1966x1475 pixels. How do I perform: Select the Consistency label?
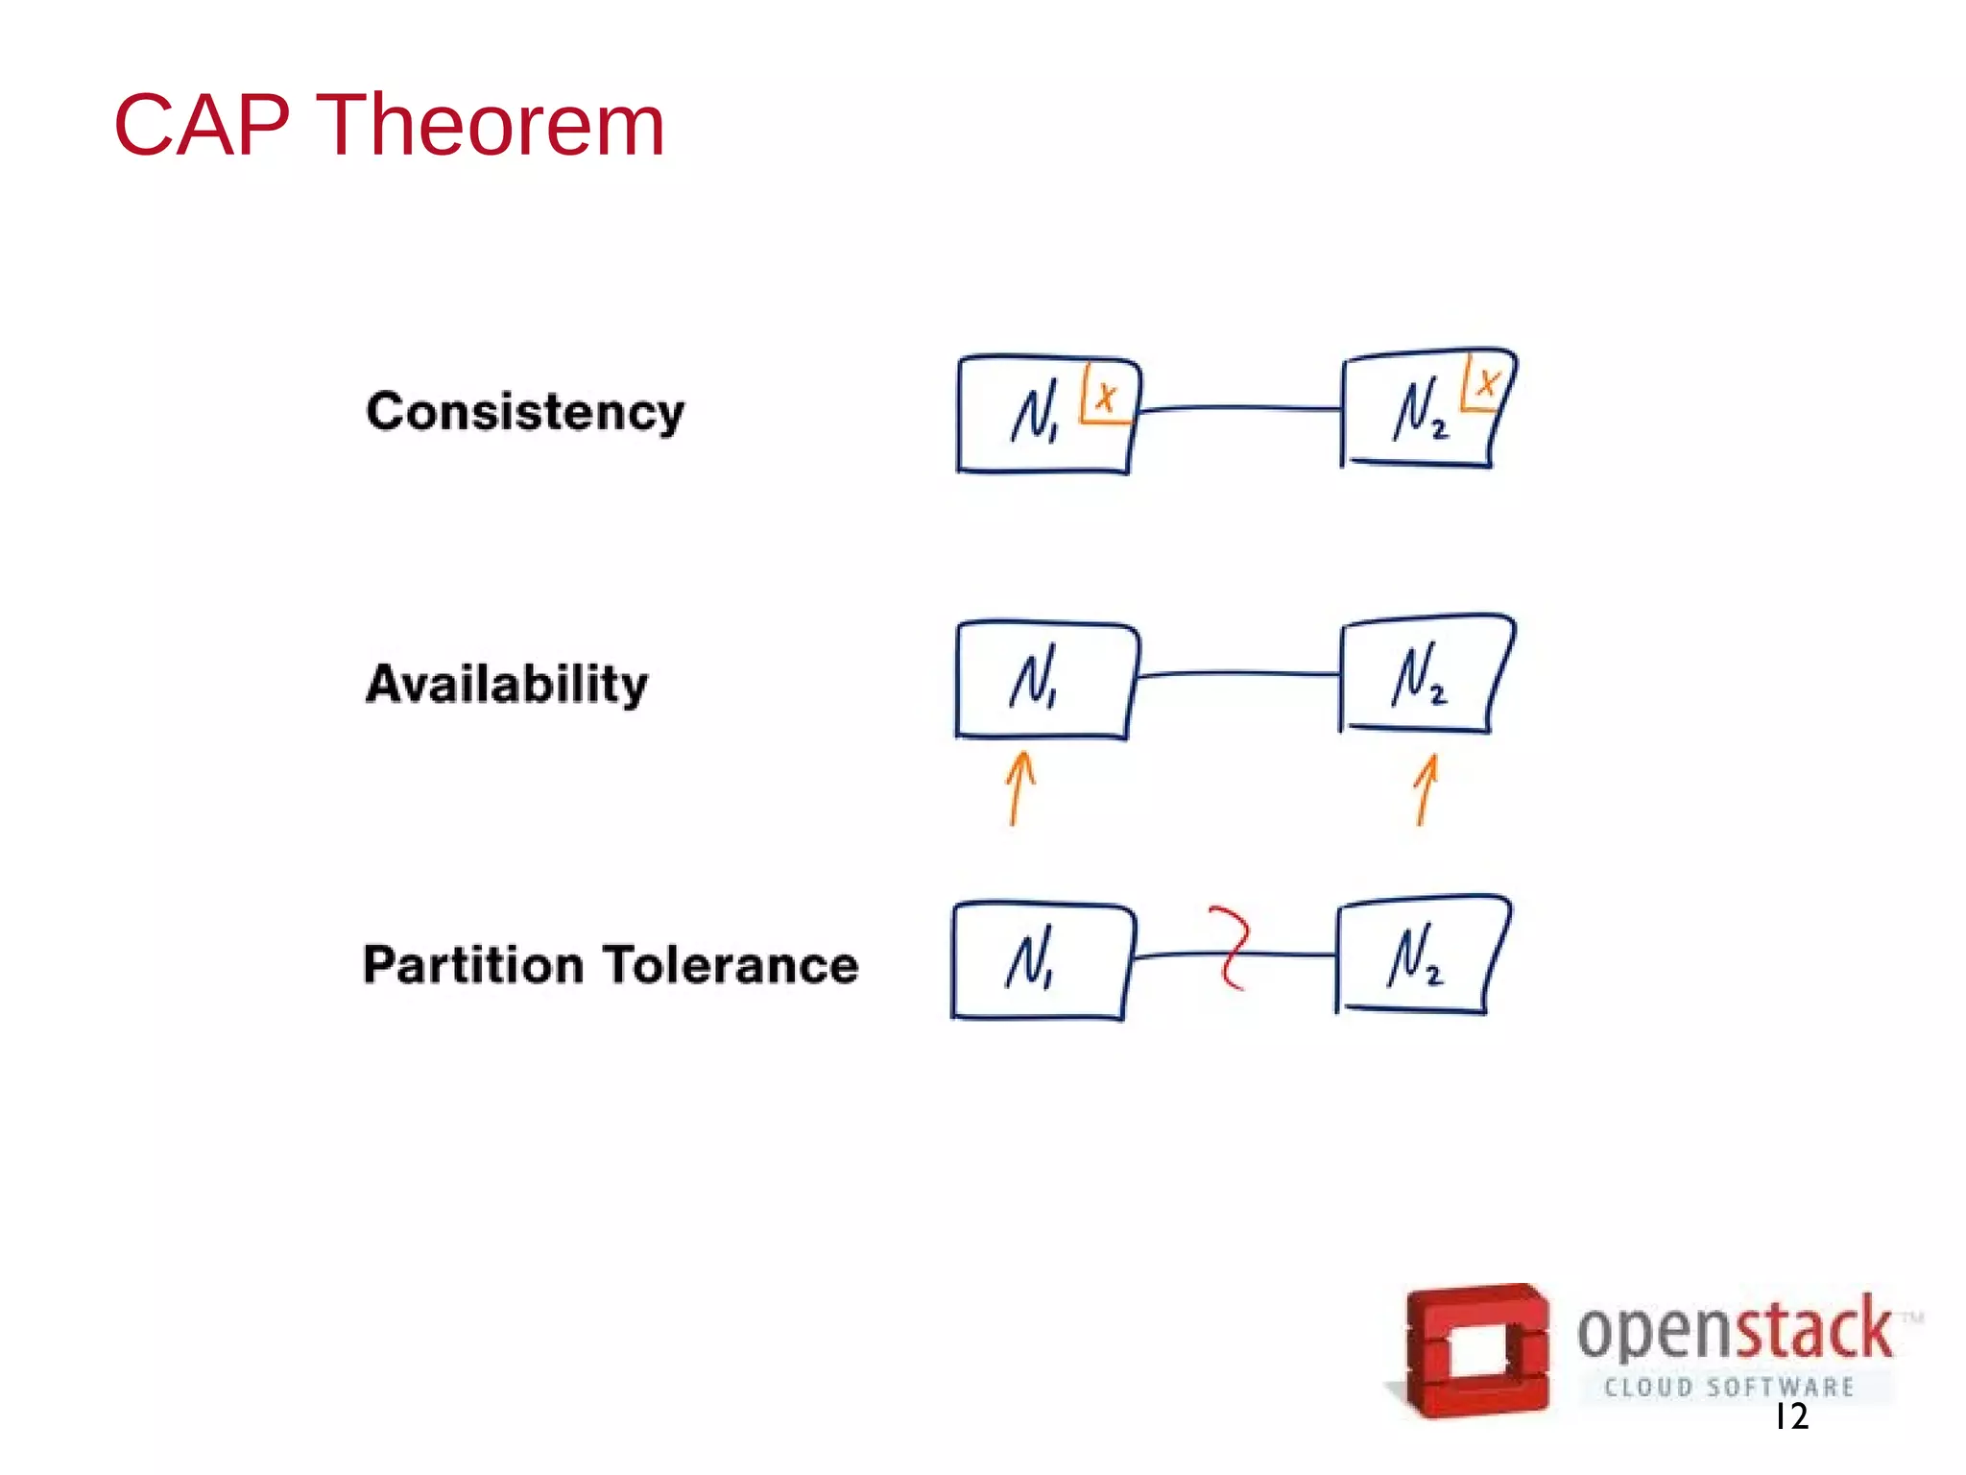pos(525,413)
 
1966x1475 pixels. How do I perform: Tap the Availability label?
pos(507,684)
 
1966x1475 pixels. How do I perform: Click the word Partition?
pos(473,964)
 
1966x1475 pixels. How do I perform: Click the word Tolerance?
pos(732,964)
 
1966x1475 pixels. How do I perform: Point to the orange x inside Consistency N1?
pos(1106,396)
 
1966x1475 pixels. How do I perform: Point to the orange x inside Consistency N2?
pos(1486,384)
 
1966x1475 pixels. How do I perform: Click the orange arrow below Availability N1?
pos(1019,787)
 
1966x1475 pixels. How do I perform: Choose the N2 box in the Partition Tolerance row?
pos(1417,955)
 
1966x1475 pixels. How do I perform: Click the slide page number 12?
pos(1791,1415)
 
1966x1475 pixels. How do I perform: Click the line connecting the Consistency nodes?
pos(1238,408)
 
